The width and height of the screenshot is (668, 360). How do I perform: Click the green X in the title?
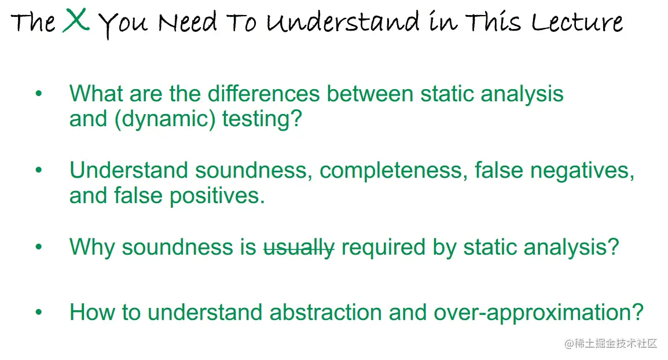click(76, 20)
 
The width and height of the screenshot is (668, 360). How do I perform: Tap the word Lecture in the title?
click(577, 22)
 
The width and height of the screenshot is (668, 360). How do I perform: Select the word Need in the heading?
click(188, 22)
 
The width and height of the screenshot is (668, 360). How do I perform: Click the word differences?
click(264, 93)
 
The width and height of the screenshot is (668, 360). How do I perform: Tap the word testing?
click(262, 119)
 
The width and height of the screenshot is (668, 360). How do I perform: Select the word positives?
click(217, 196)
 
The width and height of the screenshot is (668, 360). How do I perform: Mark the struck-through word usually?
click(299, 248)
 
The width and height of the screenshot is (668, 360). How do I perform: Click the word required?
click(383, 248)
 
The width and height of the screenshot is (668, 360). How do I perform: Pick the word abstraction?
click(325, 313)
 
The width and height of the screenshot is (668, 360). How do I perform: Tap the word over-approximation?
click(538, 313)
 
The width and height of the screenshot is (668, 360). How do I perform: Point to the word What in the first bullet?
click(96, 93)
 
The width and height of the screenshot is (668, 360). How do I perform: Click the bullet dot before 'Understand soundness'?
click(39, 170)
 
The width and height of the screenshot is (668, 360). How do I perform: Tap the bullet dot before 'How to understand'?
click(39, 313)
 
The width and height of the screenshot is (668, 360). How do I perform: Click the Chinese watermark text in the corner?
click(611, 343)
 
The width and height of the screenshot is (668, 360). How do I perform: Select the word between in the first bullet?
click(370, 93)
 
